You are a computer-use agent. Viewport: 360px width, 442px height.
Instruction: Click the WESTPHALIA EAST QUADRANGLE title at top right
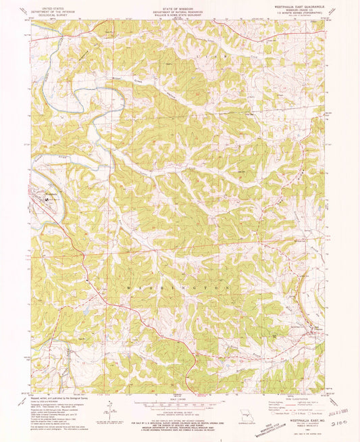coord(304,5)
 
